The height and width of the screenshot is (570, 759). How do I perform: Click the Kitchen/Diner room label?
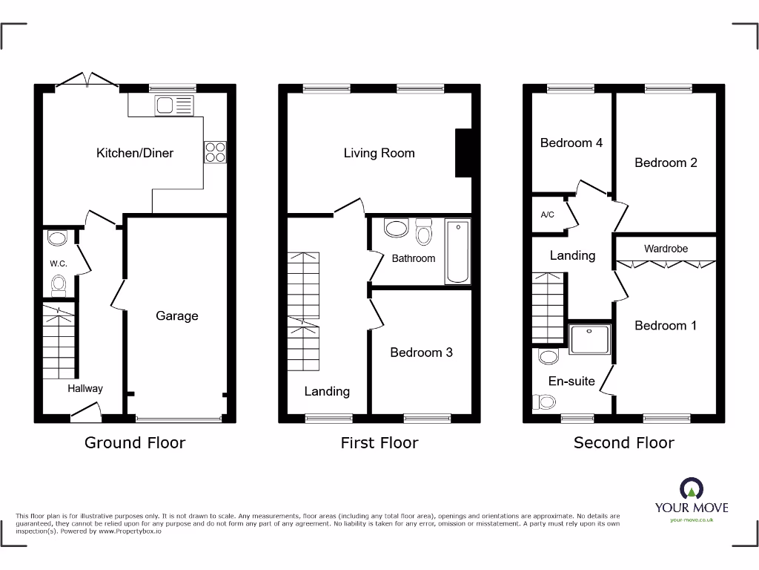point(135,153)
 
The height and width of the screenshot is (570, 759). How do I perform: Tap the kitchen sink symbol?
point(173,105)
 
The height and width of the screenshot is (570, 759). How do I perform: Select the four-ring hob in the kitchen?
point(215,151)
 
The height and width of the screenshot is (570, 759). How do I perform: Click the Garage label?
point(177,315)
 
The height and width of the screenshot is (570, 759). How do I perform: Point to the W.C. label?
point(59,263)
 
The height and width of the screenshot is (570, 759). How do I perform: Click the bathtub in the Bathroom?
point(457,251)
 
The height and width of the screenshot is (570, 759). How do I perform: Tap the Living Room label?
point(379,153)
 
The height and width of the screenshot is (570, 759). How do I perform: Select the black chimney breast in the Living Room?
point(463,154)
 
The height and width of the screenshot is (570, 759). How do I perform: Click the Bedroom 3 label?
point(421,352)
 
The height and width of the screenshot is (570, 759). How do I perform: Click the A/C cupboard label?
point(548,215)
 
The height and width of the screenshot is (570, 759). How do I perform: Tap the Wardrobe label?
point(666,249)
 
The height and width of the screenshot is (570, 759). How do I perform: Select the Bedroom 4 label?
point(571,142)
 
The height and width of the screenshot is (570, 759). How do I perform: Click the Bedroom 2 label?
point(666,163)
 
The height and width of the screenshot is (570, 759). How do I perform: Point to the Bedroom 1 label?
point(666,325)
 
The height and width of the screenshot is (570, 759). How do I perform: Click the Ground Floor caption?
point(135,443)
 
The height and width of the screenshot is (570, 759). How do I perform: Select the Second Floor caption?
point(623,443)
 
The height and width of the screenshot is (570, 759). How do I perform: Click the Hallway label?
point(85,388)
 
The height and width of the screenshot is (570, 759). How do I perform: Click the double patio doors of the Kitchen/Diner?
point(87,80)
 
